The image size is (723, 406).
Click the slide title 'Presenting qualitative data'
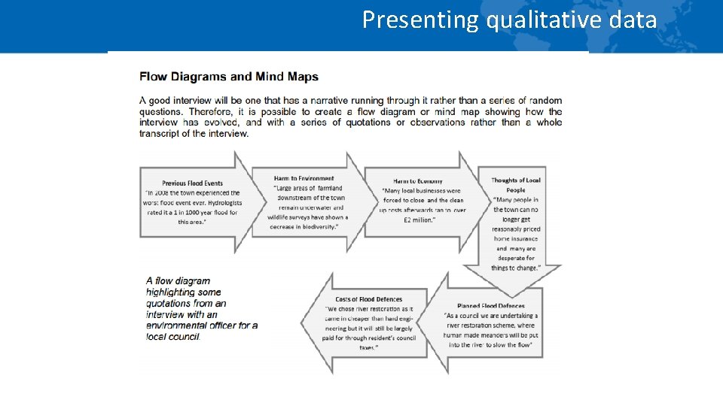(509, 20)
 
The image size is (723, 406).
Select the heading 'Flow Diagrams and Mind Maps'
(229, 77)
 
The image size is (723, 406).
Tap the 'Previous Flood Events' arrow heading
(192, 183)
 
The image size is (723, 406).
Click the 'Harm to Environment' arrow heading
(304, 179)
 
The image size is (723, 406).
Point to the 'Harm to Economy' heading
(414, 181)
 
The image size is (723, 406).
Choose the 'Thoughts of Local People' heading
(516, 185)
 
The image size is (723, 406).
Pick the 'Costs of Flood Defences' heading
(368, 299)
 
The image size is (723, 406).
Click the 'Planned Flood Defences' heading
(490, 306)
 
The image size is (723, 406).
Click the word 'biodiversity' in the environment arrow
(319, 227)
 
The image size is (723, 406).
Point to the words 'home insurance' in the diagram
(516, 238)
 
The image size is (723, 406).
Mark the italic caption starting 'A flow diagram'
(201, 309)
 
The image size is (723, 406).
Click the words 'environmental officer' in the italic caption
(191, 326)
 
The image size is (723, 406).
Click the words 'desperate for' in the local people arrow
(516, 258)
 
